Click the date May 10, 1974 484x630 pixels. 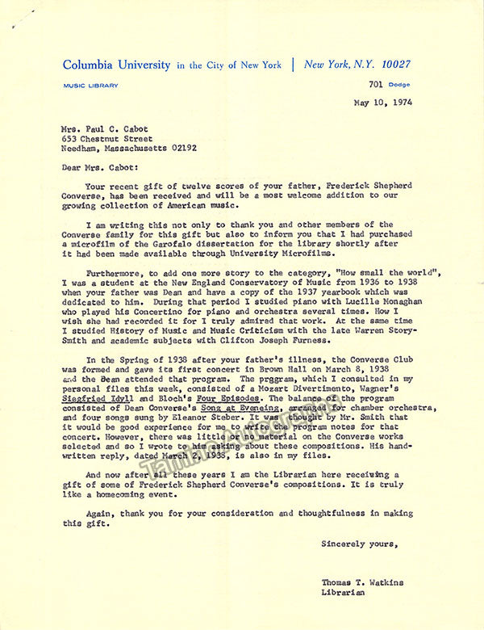(x=382, y=103)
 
